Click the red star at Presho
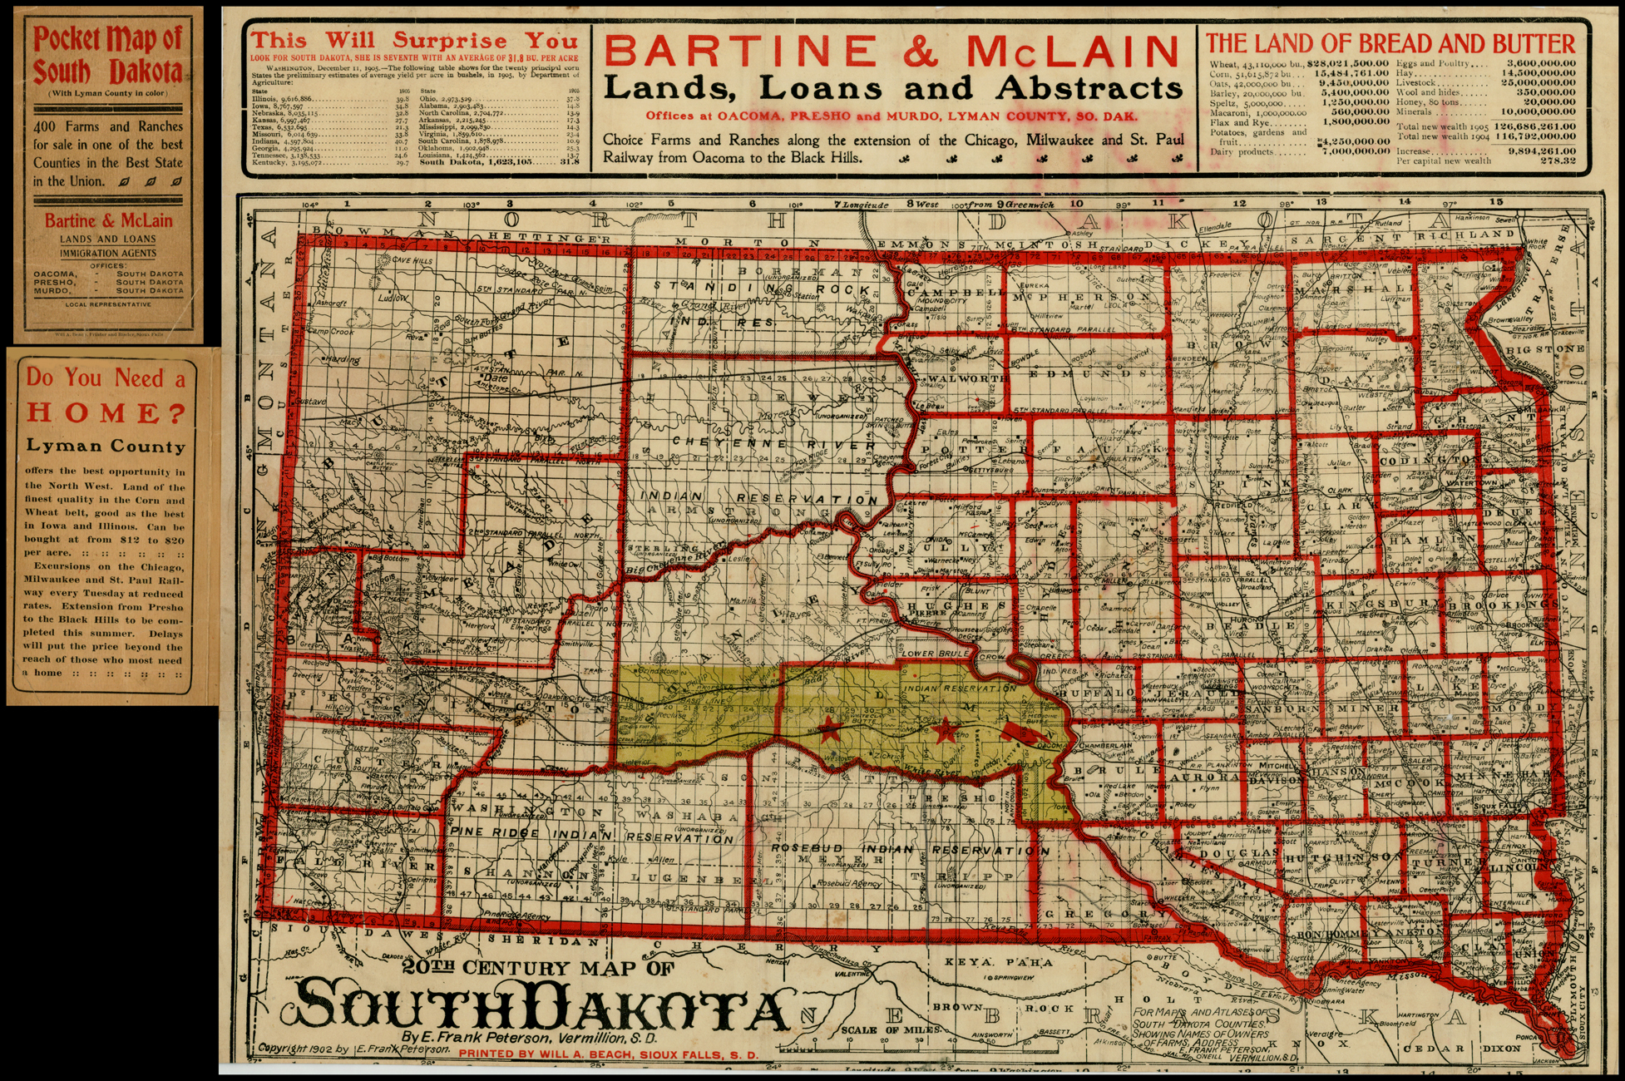(x=944, y=731)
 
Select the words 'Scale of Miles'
(x=891, y=1029)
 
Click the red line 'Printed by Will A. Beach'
(x=608, y=1054)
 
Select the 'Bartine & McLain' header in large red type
(x=892, y=52)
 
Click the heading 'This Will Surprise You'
(x=414, y=40)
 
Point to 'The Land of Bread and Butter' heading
(x=1390, y=43)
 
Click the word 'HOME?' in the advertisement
(x=105, y=412)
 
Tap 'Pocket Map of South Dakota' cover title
(x=107, y=56)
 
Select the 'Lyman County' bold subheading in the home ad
(x=105, y=447)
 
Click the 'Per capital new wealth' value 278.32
(x=1556, y=160)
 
